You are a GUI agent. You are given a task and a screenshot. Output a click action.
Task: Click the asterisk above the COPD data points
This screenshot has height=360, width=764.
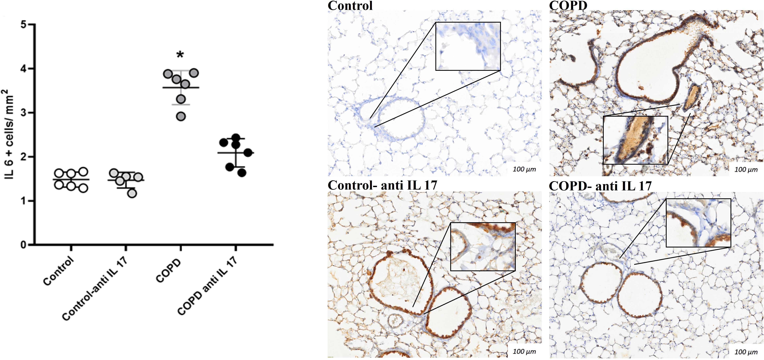click(180, 55)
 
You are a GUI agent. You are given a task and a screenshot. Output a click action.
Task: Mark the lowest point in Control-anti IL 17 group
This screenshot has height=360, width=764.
click(132, 193)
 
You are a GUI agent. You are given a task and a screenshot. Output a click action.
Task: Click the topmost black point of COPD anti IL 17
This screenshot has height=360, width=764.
click(236, 138)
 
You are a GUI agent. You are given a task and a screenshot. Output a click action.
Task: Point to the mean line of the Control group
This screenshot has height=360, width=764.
click(71, 179)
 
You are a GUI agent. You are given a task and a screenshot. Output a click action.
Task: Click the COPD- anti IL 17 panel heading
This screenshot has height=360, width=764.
click(600, 186)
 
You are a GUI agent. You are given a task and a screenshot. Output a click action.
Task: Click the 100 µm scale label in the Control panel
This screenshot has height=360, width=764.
click(524, 169)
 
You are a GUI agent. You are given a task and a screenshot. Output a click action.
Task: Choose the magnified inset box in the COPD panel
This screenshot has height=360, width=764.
click(635, 140)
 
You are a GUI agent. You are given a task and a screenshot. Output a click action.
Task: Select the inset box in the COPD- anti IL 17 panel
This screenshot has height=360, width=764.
click(698, 223)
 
